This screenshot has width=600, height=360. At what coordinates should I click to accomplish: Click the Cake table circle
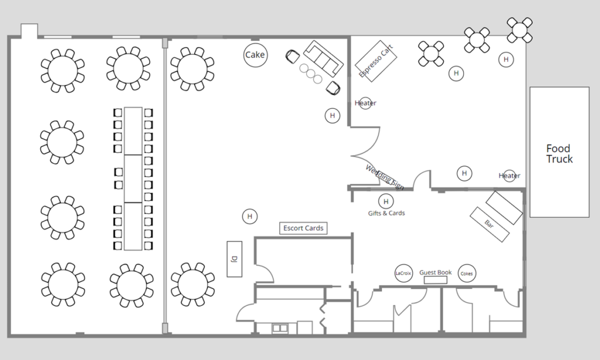[255, 55]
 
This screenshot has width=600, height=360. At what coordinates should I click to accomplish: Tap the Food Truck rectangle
[559, 152]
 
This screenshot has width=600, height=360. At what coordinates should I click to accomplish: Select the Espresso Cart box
[376, 59]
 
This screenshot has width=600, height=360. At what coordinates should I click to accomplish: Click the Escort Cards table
[303, 228]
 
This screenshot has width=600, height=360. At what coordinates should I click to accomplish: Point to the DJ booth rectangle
[234, 258]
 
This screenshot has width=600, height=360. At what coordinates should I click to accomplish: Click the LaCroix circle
[404, 273]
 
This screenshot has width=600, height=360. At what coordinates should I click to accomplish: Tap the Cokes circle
[466, 273]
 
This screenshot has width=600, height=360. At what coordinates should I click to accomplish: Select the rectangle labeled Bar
[489, 223]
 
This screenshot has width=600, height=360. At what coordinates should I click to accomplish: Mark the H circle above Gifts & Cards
[386, 201]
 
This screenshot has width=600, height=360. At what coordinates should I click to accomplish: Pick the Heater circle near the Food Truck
[509, 175]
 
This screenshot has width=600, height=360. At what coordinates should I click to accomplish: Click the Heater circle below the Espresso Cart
[365, 103]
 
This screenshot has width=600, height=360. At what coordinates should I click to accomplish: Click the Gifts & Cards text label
[386, 213]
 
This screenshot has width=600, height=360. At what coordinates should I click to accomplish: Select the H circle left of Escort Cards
[250, 216]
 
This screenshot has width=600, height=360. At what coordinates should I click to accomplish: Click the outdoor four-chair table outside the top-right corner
[520, 30]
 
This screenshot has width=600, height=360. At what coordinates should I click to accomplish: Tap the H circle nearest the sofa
[332, 116]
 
